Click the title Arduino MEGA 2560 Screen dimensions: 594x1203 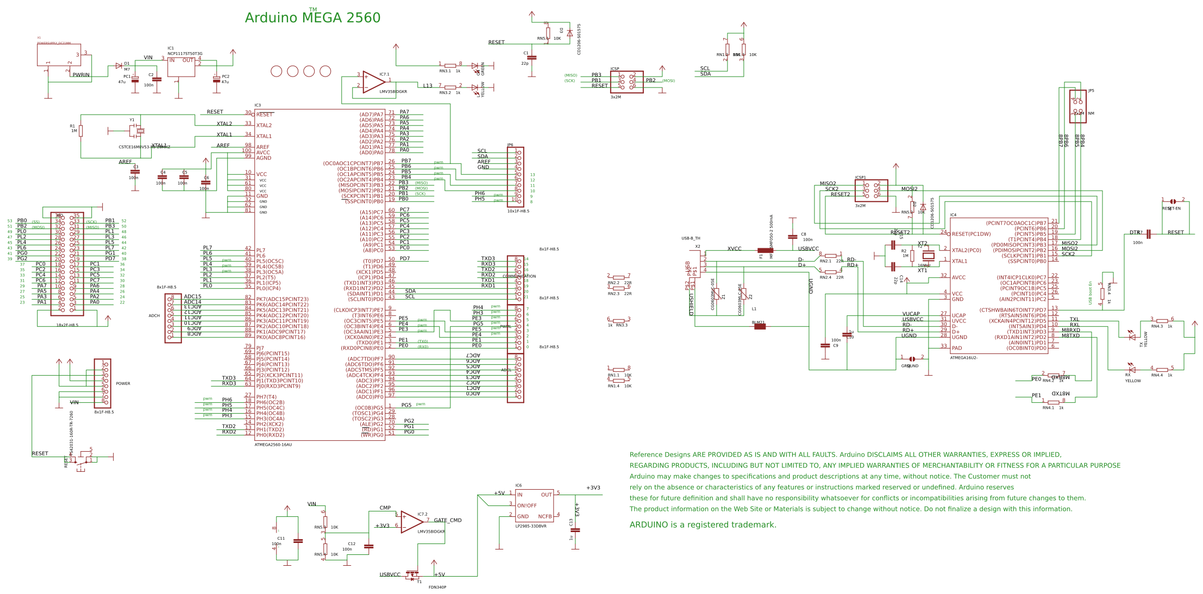[x=312, y=18]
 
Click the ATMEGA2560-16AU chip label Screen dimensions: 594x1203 [x=273, y=445]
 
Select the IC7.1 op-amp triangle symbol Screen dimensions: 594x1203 [x=373, y=81]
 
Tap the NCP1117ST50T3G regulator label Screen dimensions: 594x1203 [x=185, y=54]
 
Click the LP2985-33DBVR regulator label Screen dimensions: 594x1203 [x=531, y=526]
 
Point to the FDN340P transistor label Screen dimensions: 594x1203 [x=437, y=587]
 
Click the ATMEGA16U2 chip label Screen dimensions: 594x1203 [x=963, y=358]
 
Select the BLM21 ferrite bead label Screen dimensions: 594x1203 [x=758, y=323]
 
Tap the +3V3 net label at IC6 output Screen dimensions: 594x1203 [x=593, y=488]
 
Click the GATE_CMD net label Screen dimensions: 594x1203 [x=447, y=520]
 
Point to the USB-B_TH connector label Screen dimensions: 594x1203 [x=691, y=238]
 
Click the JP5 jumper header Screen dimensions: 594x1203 [x=1077, y=103]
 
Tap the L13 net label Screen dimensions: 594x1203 [x=428, y=86]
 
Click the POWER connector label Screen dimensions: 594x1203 [x=123, y=383]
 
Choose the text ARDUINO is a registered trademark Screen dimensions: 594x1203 [x=703, y=525]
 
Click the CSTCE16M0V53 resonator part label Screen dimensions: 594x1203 [x=144, y=147]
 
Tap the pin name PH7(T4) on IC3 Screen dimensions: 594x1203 [x=266, y=397]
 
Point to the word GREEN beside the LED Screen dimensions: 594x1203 [x=483, y=68]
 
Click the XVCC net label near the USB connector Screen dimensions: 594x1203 [x=734, y=249]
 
